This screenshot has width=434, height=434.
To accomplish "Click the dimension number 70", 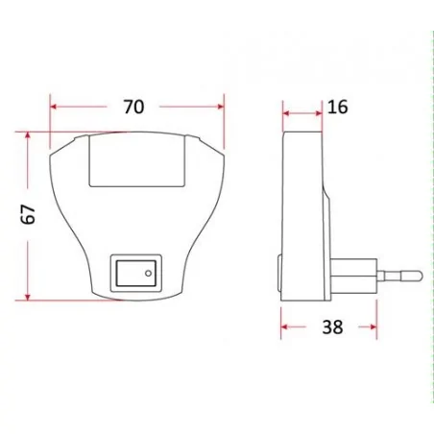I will pos(135,107).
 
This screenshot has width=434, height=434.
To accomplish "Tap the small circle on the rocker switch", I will pos(149,274).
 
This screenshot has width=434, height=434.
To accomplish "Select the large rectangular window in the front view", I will pos(136,160).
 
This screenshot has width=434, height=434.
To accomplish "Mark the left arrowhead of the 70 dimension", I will pos(55,107).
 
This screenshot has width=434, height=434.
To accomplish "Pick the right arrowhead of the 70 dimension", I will pos(219,107).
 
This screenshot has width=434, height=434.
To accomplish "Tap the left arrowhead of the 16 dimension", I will pos(285,112).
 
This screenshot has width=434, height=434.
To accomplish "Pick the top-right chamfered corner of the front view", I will pos(211,142).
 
